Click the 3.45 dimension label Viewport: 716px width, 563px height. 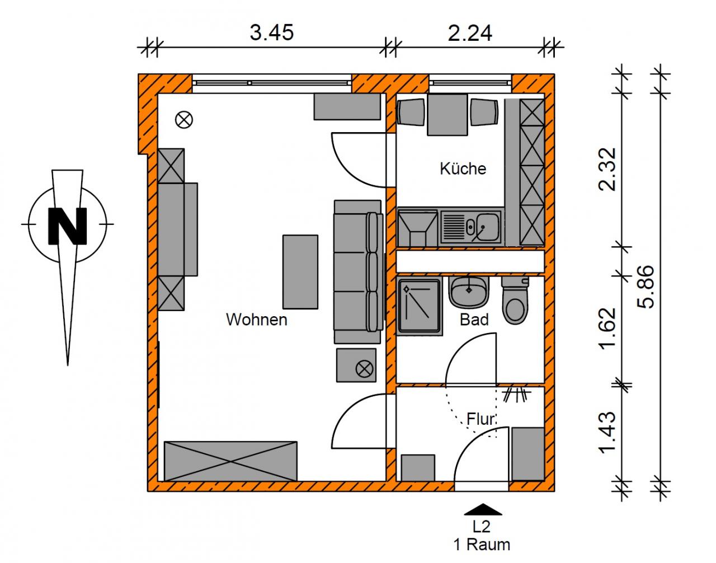tap(271, 33)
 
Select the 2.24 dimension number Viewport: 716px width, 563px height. tap(470, 33)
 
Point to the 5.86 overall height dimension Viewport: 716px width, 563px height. tap(646, 287)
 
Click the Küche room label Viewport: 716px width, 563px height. tap(463, 168)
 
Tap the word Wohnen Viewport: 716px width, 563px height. tap(257, 320)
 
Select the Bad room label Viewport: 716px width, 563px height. tap(474, 320)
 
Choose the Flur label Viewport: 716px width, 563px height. tap(481, 419)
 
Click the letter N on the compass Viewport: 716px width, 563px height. tap(68, 226)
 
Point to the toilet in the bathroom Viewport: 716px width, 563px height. tap(515, 300)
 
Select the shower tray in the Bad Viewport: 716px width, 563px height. tap(419, 307)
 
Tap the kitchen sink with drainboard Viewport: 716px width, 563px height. tap(471, 227)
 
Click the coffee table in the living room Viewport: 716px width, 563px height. tap(300, 272)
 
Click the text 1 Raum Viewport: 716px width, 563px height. tap(482, 545)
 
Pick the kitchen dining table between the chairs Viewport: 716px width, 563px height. tap(447, 114)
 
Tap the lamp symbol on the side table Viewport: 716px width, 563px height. tap(364, 369)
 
